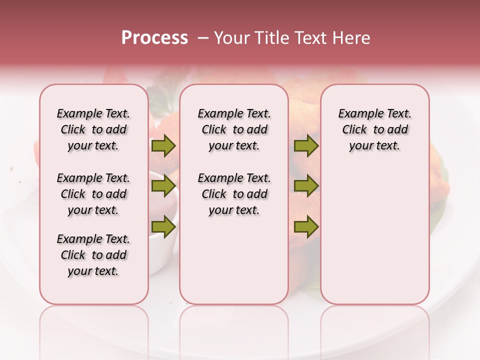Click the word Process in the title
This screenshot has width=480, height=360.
(x=154, y=38)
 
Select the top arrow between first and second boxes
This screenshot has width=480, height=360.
(x=163, y=146)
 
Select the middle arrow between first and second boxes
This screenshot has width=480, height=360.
(x=163, y=186)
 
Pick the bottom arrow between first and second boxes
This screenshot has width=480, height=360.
(x=163, y=227)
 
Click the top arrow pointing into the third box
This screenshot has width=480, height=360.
(x=306, y=146)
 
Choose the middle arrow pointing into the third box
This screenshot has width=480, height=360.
(x=306, y=186)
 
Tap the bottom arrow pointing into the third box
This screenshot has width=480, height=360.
(x=306, y=227)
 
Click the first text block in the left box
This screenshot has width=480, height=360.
(x=93, y=129)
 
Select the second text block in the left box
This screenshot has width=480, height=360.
(x=93, y=194)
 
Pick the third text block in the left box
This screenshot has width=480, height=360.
(x=93, y=255)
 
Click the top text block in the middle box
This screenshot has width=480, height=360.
(x=234, y=129)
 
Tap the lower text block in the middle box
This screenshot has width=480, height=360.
(x=234, y=194)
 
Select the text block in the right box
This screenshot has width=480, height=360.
(x=374, y=129)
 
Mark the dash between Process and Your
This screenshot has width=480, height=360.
(x=203, y=38)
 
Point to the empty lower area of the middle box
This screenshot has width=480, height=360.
(x=234, y=260)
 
